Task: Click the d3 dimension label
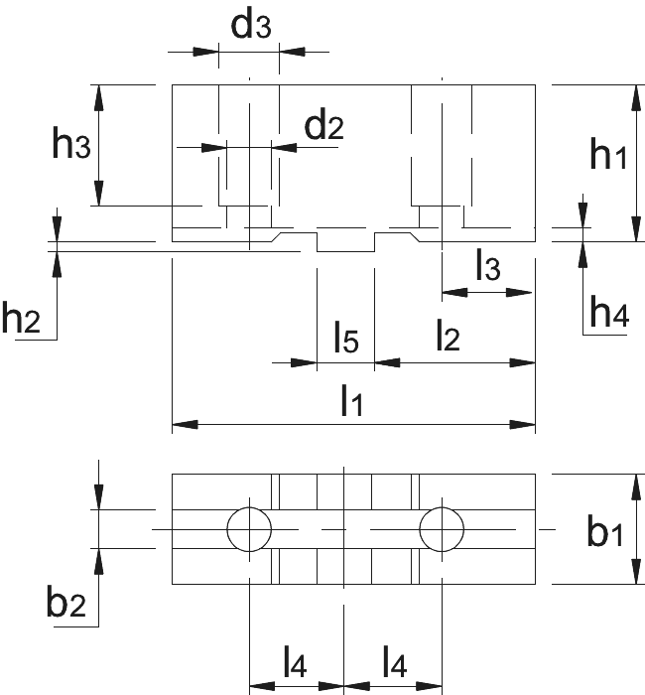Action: [x=251, y=23]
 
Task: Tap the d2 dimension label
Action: [x=323, y=124]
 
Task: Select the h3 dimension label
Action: [x=71, y=143]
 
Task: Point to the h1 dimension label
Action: [x=608, y=153]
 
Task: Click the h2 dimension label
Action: [x=21, y=317]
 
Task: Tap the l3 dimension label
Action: [x=488, y=265]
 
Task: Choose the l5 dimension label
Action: [x=346, y=337]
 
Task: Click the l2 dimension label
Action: [x=448, y=335]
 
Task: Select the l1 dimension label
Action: [x=352, y=400]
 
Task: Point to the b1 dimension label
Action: [x=605, y=529]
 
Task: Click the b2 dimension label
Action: [x=66, y=600]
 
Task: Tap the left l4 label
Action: [x=295, y=661]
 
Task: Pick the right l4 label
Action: [x=395, y=661]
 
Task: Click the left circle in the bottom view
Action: [x=249, y=507]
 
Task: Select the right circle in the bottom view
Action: [x=442, y=507]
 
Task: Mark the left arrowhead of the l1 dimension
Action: [x=185, y=425]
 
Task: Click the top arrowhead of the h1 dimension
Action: [x=636, y=97]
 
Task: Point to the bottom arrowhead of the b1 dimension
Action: [x=636, y=572]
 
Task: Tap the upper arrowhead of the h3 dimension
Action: [x=99, y=97]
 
